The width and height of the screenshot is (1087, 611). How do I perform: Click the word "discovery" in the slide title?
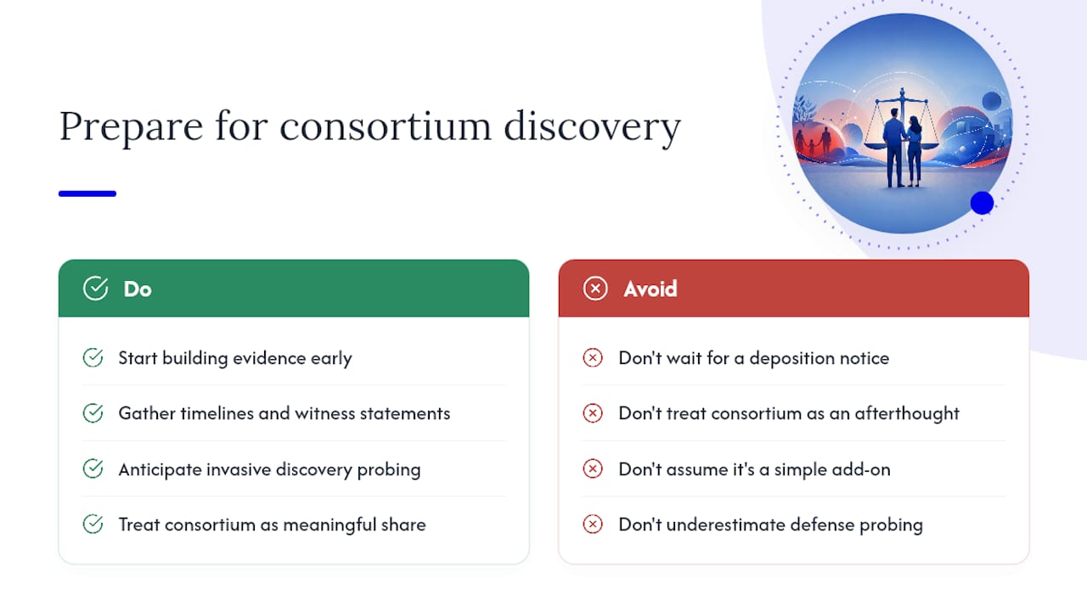[592, 126]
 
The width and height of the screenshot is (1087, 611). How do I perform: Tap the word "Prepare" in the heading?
[131, 126]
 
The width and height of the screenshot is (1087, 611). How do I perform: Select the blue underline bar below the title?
[87, 193]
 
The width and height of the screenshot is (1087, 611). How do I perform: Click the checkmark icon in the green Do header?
[96, 289]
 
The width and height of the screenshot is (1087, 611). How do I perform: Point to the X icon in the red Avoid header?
[595, 289]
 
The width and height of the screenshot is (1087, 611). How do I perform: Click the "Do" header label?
[138, 289]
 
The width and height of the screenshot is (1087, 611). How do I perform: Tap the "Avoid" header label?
[651, 289]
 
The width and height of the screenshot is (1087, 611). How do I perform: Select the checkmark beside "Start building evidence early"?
[93, 358]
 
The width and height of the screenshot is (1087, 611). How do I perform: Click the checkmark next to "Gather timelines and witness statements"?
[93, 413]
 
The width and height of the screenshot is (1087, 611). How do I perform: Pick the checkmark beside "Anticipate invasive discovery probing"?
[93, 469]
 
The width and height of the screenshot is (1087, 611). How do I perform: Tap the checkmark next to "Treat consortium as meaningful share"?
[93, 524]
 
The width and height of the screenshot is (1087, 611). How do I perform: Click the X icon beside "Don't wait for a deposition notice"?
[593, 358]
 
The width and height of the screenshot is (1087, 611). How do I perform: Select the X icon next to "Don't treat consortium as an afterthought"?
[593, 413]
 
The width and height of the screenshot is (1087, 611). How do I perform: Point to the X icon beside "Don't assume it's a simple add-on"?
[593, 469]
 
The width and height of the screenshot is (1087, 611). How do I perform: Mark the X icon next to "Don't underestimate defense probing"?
[593, 524]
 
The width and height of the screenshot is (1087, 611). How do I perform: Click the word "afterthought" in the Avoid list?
[907, 413]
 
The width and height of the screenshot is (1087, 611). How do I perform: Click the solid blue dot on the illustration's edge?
[983, 203]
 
